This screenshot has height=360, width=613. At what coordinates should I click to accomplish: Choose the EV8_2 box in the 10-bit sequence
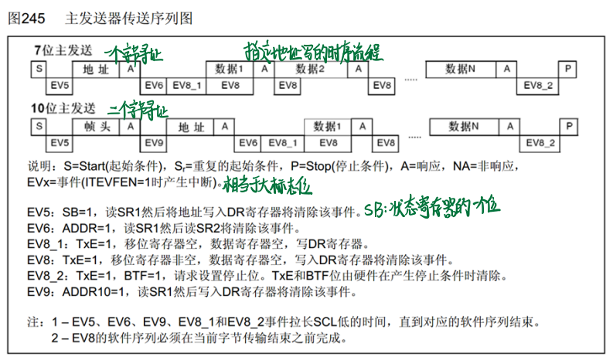tap(541, 143)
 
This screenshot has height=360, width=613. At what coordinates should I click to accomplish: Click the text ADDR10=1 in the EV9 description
tap(97, 292)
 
